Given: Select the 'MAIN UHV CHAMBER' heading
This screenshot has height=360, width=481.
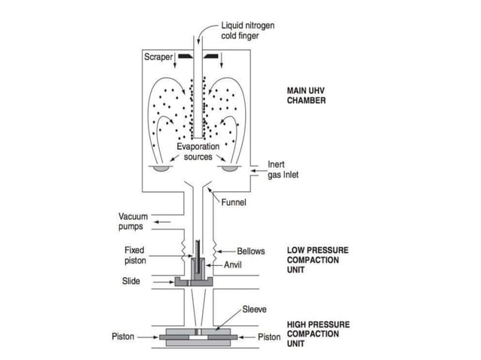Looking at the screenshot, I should (306, 96).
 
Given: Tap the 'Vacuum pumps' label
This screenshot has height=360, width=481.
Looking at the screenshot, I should (133, 221).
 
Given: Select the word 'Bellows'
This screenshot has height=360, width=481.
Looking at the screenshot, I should (250, 252).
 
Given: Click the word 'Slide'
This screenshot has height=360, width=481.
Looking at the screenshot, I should (131, 282).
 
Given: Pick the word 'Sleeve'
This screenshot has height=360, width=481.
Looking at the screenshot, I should (254, 310).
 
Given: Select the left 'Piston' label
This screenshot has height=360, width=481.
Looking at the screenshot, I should (123, 337).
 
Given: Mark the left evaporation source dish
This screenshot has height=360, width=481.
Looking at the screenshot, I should (160, 168).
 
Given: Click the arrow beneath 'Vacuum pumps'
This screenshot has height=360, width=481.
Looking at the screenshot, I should (160, 224).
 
